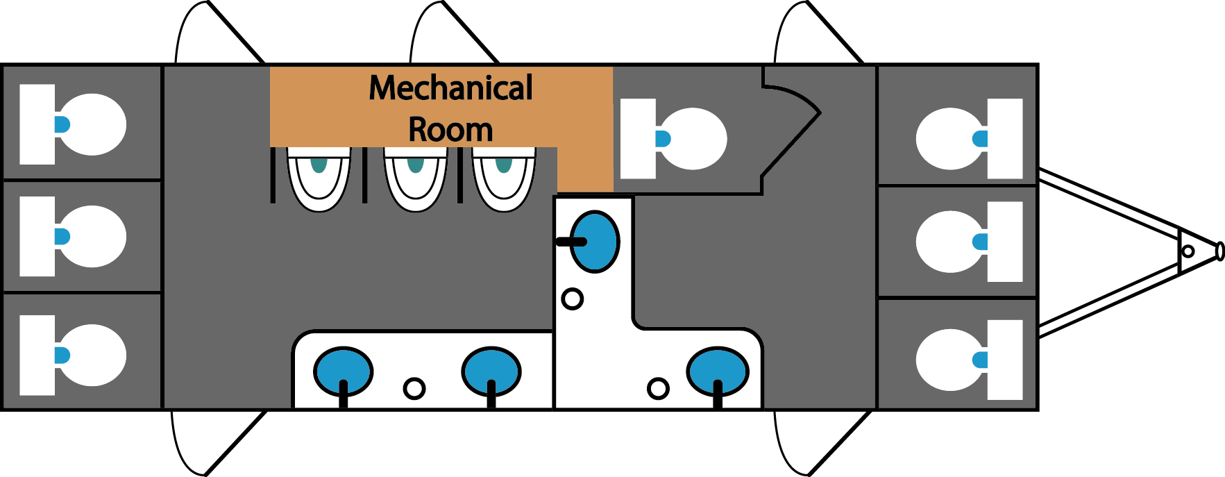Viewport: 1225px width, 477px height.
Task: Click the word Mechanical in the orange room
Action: click(450, 88)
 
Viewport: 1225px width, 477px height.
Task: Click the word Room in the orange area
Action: click(450, 130)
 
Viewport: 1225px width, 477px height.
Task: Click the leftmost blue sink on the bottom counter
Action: click(343, 371)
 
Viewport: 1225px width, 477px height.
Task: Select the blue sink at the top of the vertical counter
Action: click(595, 242)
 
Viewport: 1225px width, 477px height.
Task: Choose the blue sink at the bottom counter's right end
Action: click(718, 371)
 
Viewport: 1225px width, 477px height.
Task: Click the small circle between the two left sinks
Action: click(414, 388)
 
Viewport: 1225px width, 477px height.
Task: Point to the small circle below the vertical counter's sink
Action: click(572, 299)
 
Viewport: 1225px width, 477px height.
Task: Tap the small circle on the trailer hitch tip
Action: click(1188, 251)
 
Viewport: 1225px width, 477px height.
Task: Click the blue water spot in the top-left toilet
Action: click(62, 125)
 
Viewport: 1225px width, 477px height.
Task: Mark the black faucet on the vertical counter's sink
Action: click(571, 242)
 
